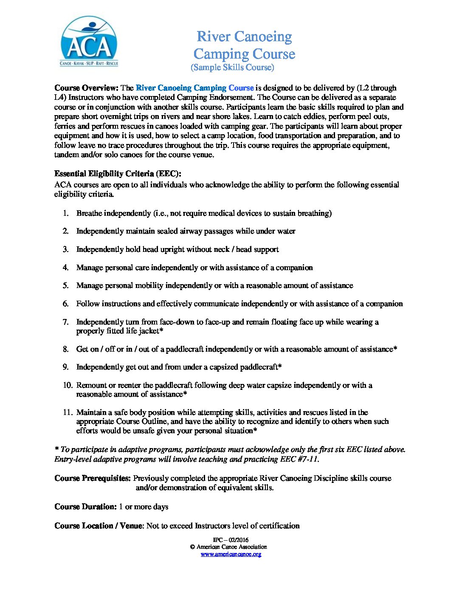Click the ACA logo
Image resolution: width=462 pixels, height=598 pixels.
click(x=89, y=41)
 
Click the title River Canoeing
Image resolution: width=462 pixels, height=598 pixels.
click(x=244, y=37)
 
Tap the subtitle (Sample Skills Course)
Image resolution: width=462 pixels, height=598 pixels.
click(x=232, y=67)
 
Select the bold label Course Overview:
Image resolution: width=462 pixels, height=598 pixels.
click(x=86, y=88)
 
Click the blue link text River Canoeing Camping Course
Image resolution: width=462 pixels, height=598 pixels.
click(x=194, y=88)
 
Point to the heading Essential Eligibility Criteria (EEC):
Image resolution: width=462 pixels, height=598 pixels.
click(x=118, y=174)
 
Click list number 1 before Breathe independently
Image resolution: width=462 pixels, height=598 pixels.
click(x=66, y=213)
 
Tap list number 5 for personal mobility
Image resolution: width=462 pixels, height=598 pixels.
click(x=66, y=285)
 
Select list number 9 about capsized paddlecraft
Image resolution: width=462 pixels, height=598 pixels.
click(x=66, y=367)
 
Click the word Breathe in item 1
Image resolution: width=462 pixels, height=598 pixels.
click(x=89, y=213)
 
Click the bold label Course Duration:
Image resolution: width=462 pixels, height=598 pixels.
click(x=85, y=507)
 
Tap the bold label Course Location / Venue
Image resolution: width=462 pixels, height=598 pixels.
click(x=99, y=526)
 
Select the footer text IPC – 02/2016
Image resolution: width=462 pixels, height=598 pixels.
click(x=231, y=540)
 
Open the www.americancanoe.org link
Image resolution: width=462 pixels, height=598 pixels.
click(x=231, y=554)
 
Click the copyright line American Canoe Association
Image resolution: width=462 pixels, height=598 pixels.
click(x=231, y=547)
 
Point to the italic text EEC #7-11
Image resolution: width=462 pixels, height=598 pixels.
click(x=299, y=459)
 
